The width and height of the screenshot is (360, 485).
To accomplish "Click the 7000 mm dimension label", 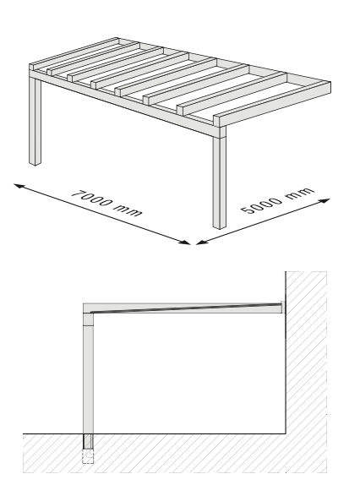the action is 106,204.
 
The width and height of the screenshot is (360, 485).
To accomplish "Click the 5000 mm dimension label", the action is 277,200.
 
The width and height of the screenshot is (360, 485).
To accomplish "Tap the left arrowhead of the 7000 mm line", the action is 19,186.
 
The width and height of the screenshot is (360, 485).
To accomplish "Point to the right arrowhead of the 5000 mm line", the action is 325,201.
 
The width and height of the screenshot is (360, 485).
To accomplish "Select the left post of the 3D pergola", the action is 35,121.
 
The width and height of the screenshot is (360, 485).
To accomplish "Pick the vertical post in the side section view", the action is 88,373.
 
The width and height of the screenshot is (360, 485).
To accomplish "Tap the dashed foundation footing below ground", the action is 88,456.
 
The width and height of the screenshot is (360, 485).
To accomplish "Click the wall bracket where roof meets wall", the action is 283,308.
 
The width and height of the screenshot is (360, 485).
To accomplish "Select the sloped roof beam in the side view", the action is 186,308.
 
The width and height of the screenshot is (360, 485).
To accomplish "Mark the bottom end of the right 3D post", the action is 219,226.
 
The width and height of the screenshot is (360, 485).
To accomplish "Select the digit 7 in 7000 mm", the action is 77,195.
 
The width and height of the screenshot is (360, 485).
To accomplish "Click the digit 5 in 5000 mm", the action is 247,210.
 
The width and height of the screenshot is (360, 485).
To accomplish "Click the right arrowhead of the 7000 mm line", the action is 184,243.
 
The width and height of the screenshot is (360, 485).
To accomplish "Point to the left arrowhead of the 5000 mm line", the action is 202,243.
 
